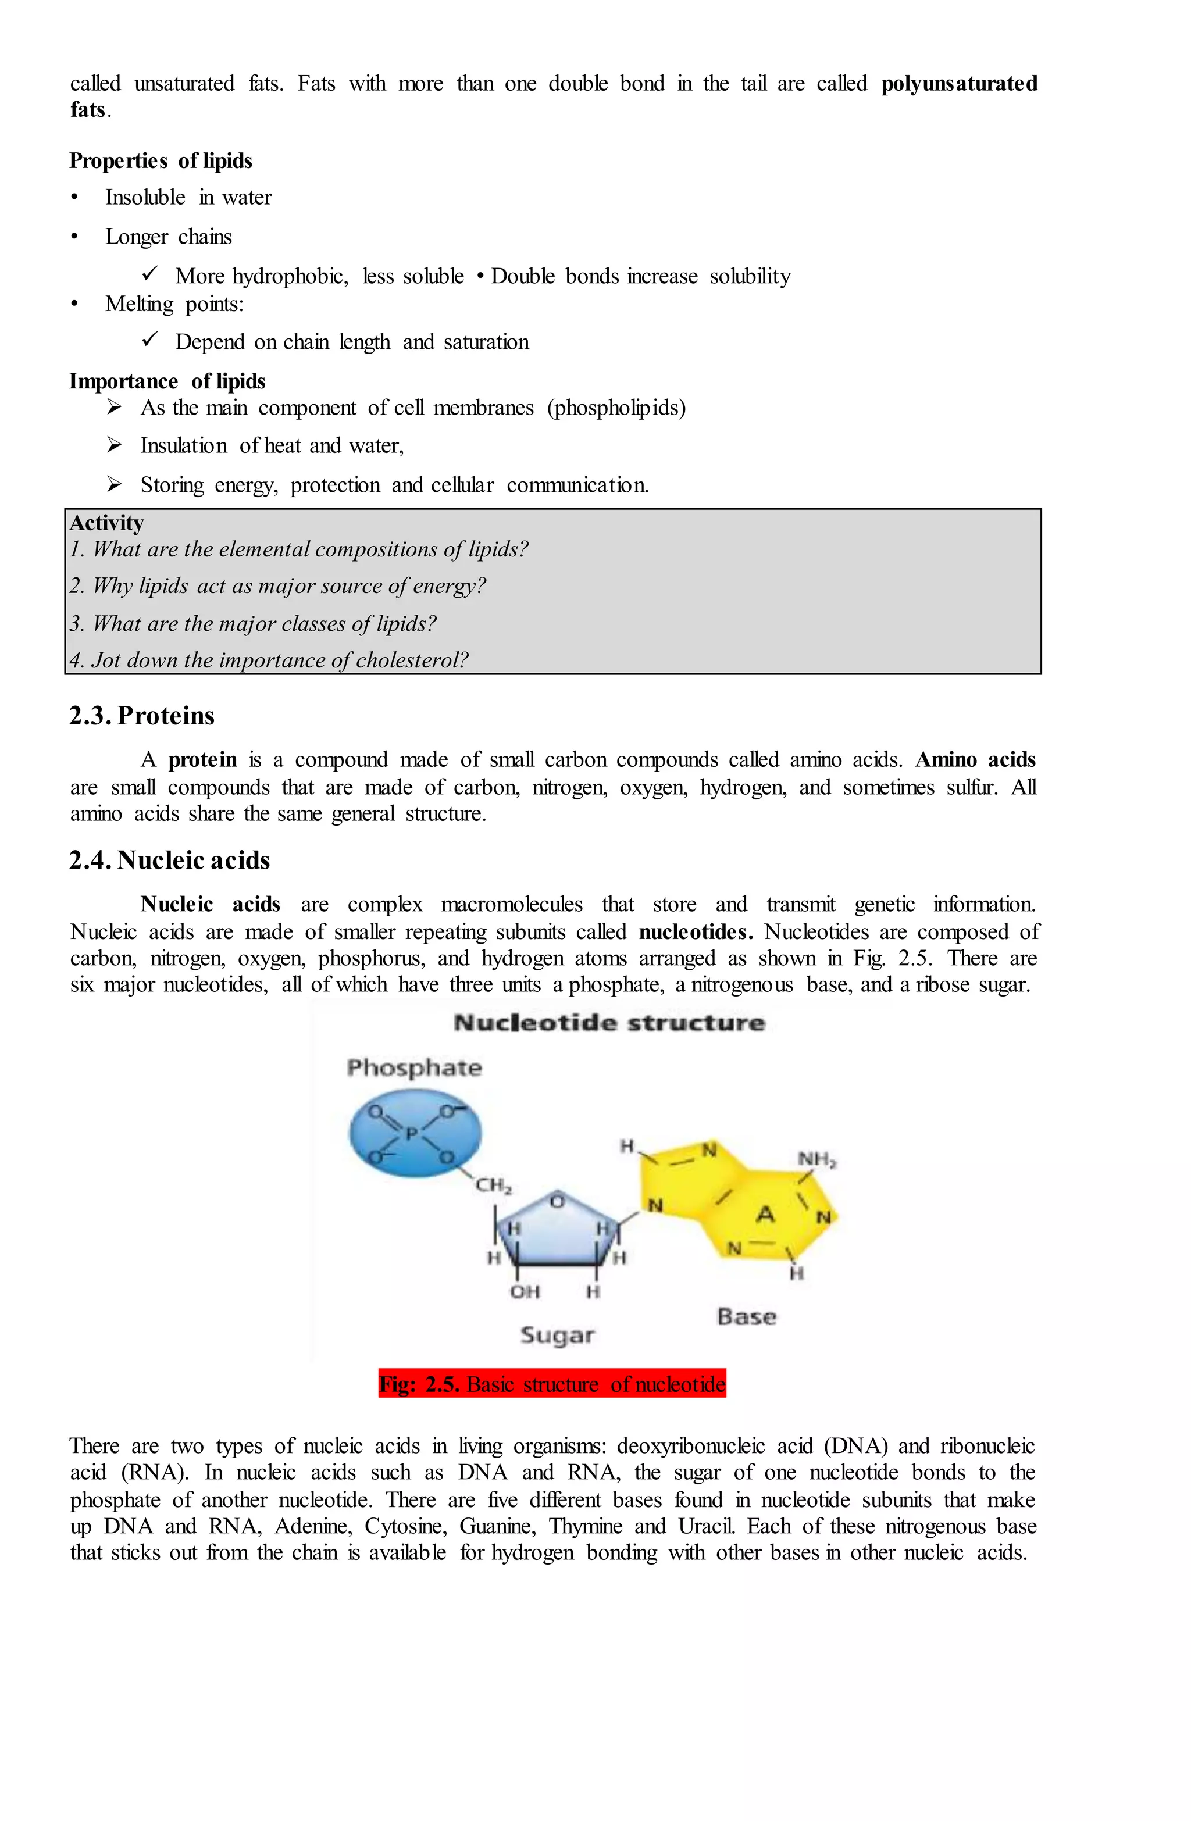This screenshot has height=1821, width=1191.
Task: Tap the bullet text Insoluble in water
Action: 188,198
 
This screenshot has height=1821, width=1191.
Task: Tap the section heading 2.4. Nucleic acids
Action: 169,860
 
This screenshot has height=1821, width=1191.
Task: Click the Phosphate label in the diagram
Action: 414,1067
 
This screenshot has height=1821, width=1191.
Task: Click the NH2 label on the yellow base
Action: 816,1159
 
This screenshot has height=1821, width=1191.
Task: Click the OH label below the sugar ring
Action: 525,1291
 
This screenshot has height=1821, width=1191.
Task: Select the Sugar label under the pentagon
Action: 557,1335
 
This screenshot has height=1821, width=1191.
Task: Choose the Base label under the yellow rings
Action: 746,1317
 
